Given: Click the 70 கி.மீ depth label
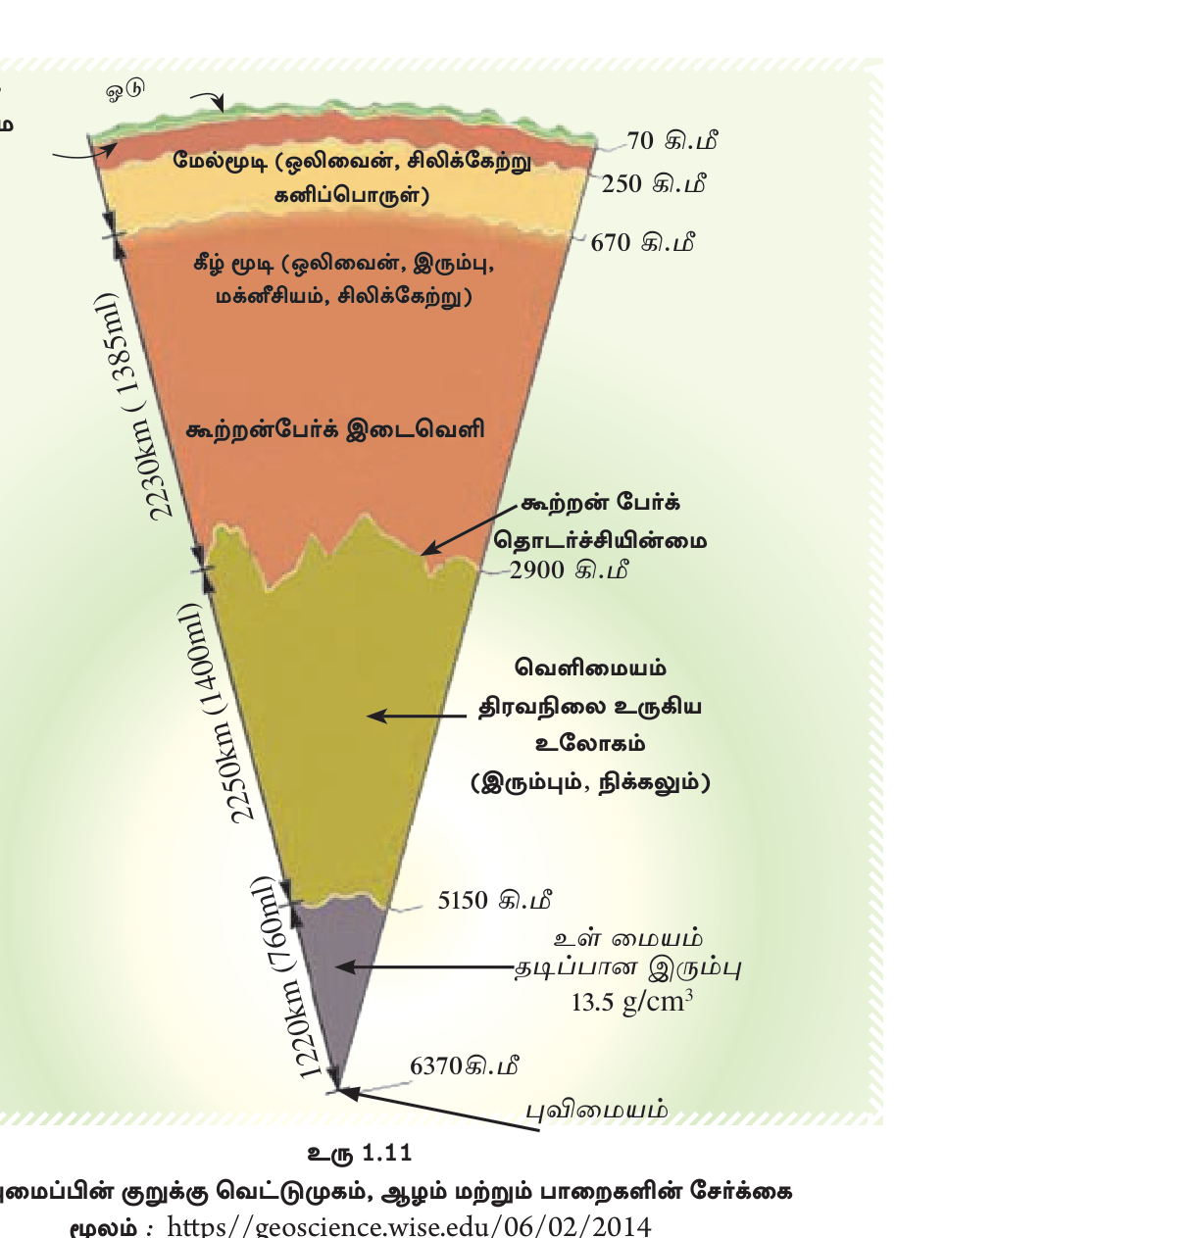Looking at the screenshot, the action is [672, 140].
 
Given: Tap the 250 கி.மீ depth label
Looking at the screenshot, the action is [653, 184].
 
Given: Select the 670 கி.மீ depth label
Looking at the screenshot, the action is [642, 242].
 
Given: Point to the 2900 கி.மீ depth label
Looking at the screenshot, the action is [570, 569].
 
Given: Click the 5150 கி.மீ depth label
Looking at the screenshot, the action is [495, 900].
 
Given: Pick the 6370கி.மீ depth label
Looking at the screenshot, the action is [465, 1065].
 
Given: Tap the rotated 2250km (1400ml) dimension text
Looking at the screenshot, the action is [215, 713].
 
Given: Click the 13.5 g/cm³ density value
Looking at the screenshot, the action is [631, 1002].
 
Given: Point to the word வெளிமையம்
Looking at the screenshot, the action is [590, 668].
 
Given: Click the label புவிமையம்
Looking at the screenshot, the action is [597, 1111].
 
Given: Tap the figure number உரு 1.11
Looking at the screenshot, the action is [360, 1154].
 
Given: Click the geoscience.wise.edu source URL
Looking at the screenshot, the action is [409, 1226].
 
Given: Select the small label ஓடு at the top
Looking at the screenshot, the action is [125, 90].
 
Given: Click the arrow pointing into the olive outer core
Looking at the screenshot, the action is [418, 717].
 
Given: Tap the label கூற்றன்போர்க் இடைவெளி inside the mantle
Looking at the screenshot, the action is [335, 429].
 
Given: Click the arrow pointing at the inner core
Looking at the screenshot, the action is [424, 967].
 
